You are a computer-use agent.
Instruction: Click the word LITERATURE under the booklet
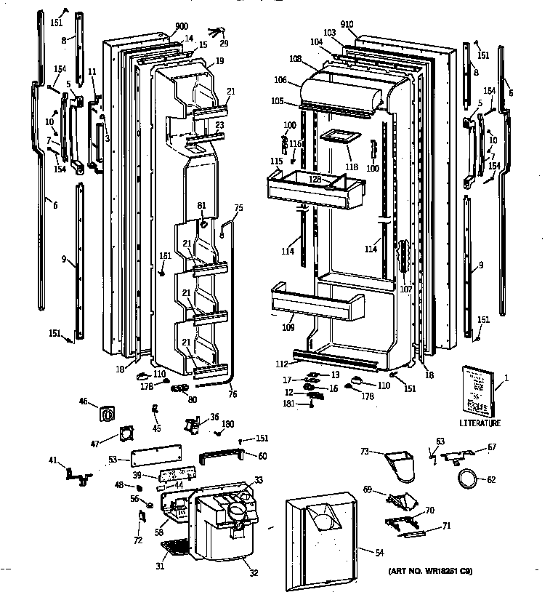tap(480, 423)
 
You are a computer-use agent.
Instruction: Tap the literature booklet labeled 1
tap(477, 391)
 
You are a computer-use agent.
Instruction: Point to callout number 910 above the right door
tap(347, 25)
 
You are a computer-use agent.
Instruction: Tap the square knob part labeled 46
tap(107, 415)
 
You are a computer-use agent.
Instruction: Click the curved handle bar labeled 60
tap(225, 457)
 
